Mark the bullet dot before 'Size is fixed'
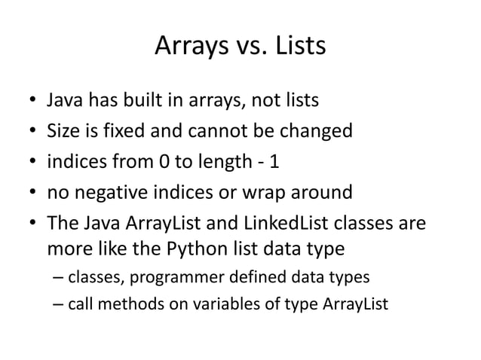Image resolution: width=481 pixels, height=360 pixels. tap(28, 133)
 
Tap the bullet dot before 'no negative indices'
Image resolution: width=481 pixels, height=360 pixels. tap(28, 194)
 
